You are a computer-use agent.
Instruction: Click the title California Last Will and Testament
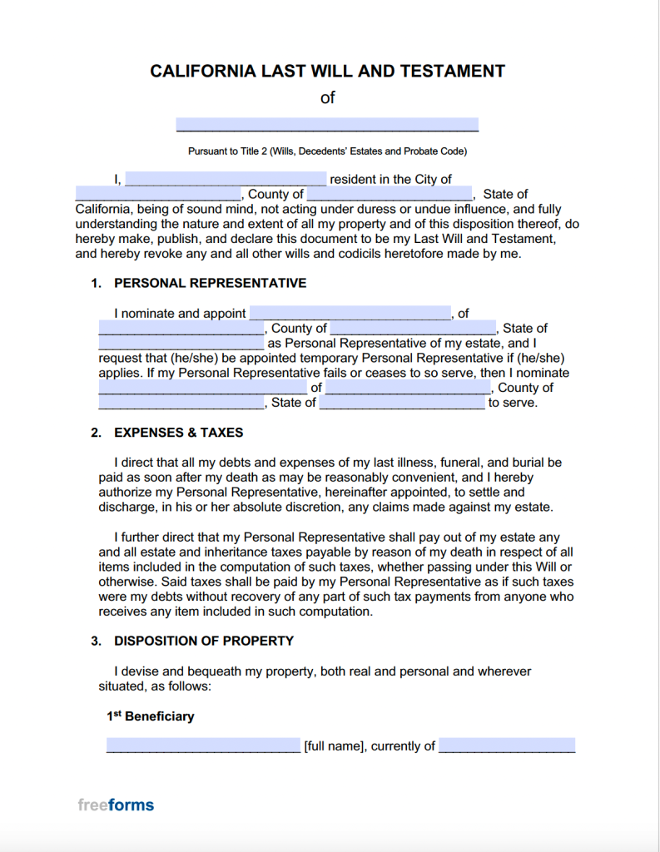click(327, 72)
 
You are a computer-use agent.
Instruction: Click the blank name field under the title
click(327, 125)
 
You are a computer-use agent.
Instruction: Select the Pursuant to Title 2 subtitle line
click(327, 151)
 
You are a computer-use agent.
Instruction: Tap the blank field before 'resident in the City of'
click(226, 179)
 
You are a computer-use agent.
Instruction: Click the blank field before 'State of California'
click(390, 194)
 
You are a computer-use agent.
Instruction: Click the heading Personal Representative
click(210, 283)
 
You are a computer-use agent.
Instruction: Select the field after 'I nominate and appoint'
click(350, 314)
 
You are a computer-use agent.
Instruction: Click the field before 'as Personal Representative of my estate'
click(181, 343)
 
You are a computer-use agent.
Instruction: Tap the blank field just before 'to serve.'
click(402, 403)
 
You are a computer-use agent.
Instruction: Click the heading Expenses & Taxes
click(178, 433)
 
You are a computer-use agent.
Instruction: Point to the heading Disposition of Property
click(203, 641)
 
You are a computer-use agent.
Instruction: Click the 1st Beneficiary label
click(150, 716)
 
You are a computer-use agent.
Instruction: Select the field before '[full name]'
click(203, 745)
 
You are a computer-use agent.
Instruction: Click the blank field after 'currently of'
click(507, 745)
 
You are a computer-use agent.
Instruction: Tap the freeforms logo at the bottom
click(116, 805)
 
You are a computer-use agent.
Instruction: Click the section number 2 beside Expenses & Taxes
click(96, 433)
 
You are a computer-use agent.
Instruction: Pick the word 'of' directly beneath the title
click(327, 98)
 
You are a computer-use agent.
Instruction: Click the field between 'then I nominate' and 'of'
click(202, 388)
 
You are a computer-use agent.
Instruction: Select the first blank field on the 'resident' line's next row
click(157, 194)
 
